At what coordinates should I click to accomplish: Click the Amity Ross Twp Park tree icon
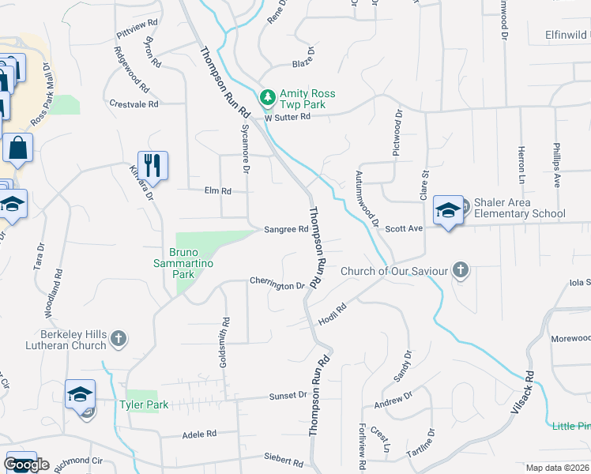point(269,96)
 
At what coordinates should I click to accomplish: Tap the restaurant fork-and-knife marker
point(152,165)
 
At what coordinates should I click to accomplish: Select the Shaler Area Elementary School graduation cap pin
point(448,210)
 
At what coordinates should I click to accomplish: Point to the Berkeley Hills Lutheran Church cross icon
point(118,339)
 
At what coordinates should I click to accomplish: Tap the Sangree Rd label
point(285,230)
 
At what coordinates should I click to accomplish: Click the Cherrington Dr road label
point(277,284)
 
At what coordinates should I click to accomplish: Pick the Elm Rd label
point(217,190)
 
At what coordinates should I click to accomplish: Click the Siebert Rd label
point(284,460)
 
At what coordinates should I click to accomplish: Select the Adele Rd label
point(199,434)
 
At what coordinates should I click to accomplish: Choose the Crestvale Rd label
point(134,103)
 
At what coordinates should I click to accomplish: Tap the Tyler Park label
point(144,405)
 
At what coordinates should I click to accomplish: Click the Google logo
point(27,465)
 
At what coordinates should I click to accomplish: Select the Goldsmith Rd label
point(225,342)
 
